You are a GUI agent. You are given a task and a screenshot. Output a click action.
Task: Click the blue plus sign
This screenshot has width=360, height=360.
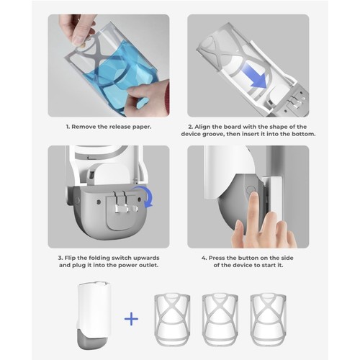[x=131, y=319]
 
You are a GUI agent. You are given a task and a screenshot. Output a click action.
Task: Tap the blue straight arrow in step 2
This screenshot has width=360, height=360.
[x=254, y=75]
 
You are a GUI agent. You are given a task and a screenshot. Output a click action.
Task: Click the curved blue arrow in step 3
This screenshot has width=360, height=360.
[x=144, y=196]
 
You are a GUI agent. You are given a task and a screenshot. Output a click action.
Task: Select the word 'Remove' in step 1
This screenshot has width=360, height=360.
[x=84, y=127]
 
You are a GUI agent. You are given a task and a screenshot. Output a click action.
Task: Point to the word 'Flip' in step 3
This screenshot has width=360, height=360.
[x=71, y=258]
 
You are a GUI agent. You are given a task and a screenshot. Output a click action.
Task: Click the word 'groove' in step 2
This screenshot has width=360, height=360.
[x=213, y=134]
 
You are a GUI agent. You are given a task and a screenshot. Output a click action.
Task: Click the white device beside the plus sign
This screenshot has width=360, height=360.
[x=94, y=315]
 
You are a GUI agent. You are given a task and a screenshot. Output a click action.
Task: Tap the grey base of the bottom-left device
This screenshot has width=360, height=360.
[x=92, y=338]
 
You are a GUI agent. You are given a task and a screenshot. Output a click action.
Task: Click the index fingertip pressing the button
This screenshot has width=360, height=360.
[x=253, y=197]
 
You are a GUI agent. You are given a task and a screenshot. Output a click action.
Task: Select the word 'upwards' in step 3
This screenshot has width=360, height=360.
[x=146, y=258]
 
